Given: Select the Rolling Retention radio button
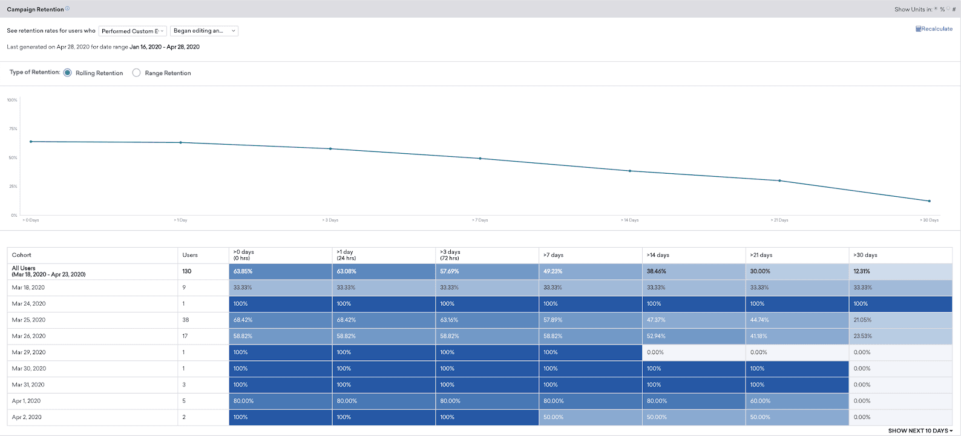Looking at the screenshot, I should (68, 73).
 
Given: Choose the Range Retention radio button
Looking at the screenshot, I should (137, 73).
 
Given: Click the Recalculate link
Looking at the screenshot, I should (934, 29).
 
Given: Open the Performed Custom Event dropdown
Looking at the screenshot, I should (133, 31).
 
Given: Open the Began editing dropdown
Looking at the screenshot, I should (204, 31).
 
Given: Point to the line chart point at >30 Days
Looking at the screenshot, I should (929, 201).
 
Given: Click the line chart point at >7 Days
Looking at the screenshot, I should (480, 159).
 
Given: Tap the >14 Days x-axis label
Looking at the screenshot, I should (629, 220).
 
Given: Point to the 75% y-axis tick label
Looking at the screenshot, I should (13, 129).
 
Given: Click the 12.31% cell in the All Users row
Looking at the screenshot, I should (862, 271).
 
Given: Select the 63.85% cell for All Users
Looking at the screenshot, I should (243, 271).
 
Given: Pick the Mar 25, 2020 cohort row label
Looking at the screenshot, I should (28, 320).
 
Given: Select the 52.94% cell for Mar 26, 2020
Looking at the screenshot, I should (657, 336).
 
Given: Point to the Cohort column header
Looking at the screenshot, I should (22, 255).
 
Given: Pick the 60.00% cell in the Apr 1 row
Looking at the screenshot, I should (760, 401).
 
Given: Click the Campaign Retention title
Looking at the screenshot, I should (35, 9).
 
